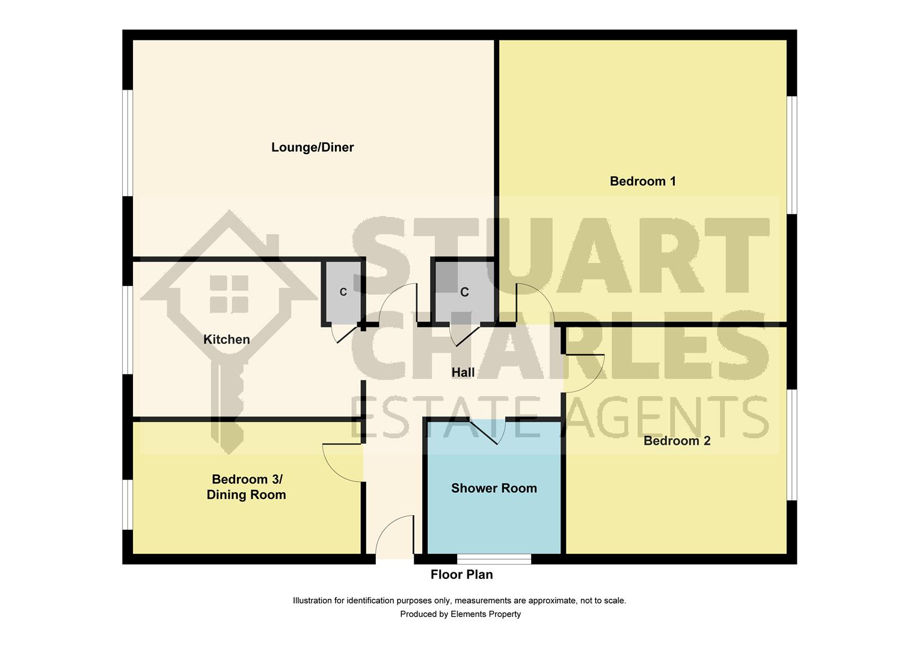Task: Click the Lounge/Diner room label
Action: click(x=312, y=147)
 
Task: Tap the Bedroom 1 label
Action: click(x=642, y=181)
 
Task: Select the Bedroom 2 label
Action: click(x=677, y=441)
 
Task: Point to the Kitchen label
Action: click(x=226, y=339)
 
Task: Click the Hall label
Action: click(x=463, y=373)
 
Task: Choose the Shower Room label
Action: click(x=494, y=488)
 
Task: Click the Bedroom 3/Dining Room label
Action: click(x=246, y=487)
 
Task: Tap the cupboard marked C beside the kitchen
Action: click(x=343, y=292)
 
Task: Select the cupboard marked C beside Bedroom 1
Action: click(x=464, y=292)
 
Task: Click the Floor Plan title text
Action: click(x=461, y=575)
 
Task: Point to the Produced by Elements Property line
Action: click(x=460, y=614)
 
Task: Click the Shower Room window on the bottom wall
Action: click(x=494, y=559)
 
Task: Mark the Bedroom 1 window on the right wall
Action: click(x=792, y=155)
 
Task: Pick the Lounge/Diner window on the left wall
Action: click(x=128, y=143)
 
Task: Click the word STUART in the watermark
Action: click(x=559, y=256)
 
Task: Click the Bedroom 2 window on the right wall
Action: click(x=792, y=444)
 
